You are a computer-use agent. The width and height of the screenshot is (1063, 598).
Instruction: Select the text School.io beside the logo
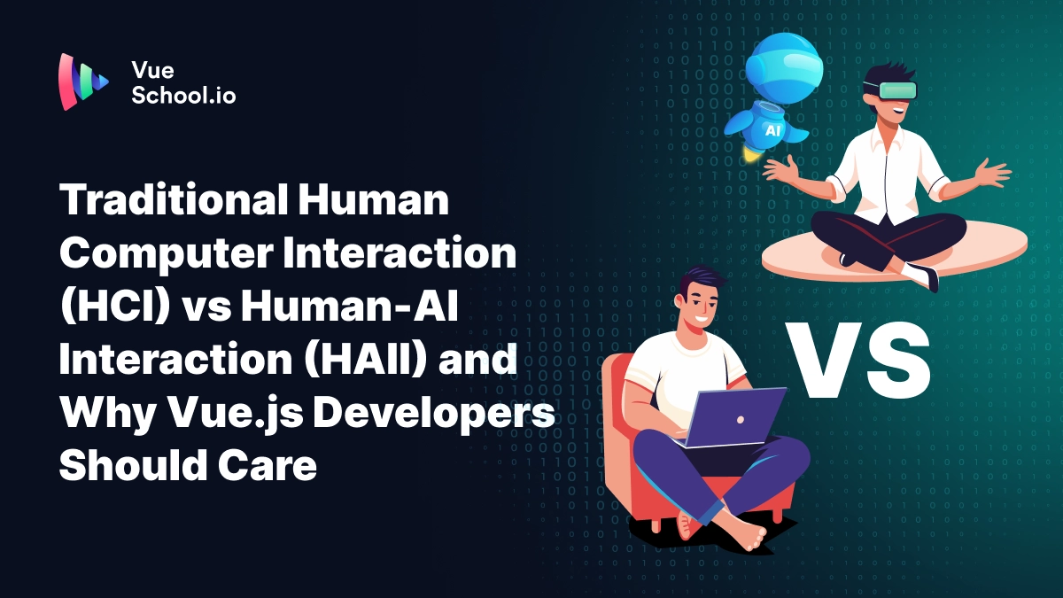point(183,95)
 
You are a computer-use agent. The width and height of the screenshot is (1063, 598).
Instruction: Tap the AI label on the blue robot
point(772,129)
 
